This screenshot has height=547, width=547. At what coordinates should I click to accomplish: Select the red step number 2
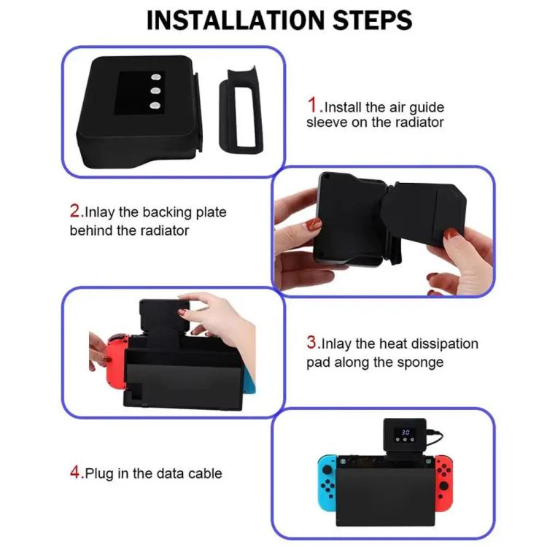(76, 212)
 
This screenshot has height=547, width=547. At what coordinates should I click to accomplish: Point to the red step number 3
(312, 342)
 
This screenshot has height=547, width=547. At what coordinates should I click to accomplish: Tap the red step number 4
(76, 473)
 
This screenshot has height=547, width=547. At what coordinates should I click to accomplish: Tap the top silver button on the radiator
(155, 79)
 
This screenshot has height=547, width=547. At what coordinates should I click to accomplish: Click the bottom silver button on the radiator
(155, 106)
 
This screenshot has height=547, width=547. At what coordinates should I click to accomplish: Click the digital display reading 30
(406, 432)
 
